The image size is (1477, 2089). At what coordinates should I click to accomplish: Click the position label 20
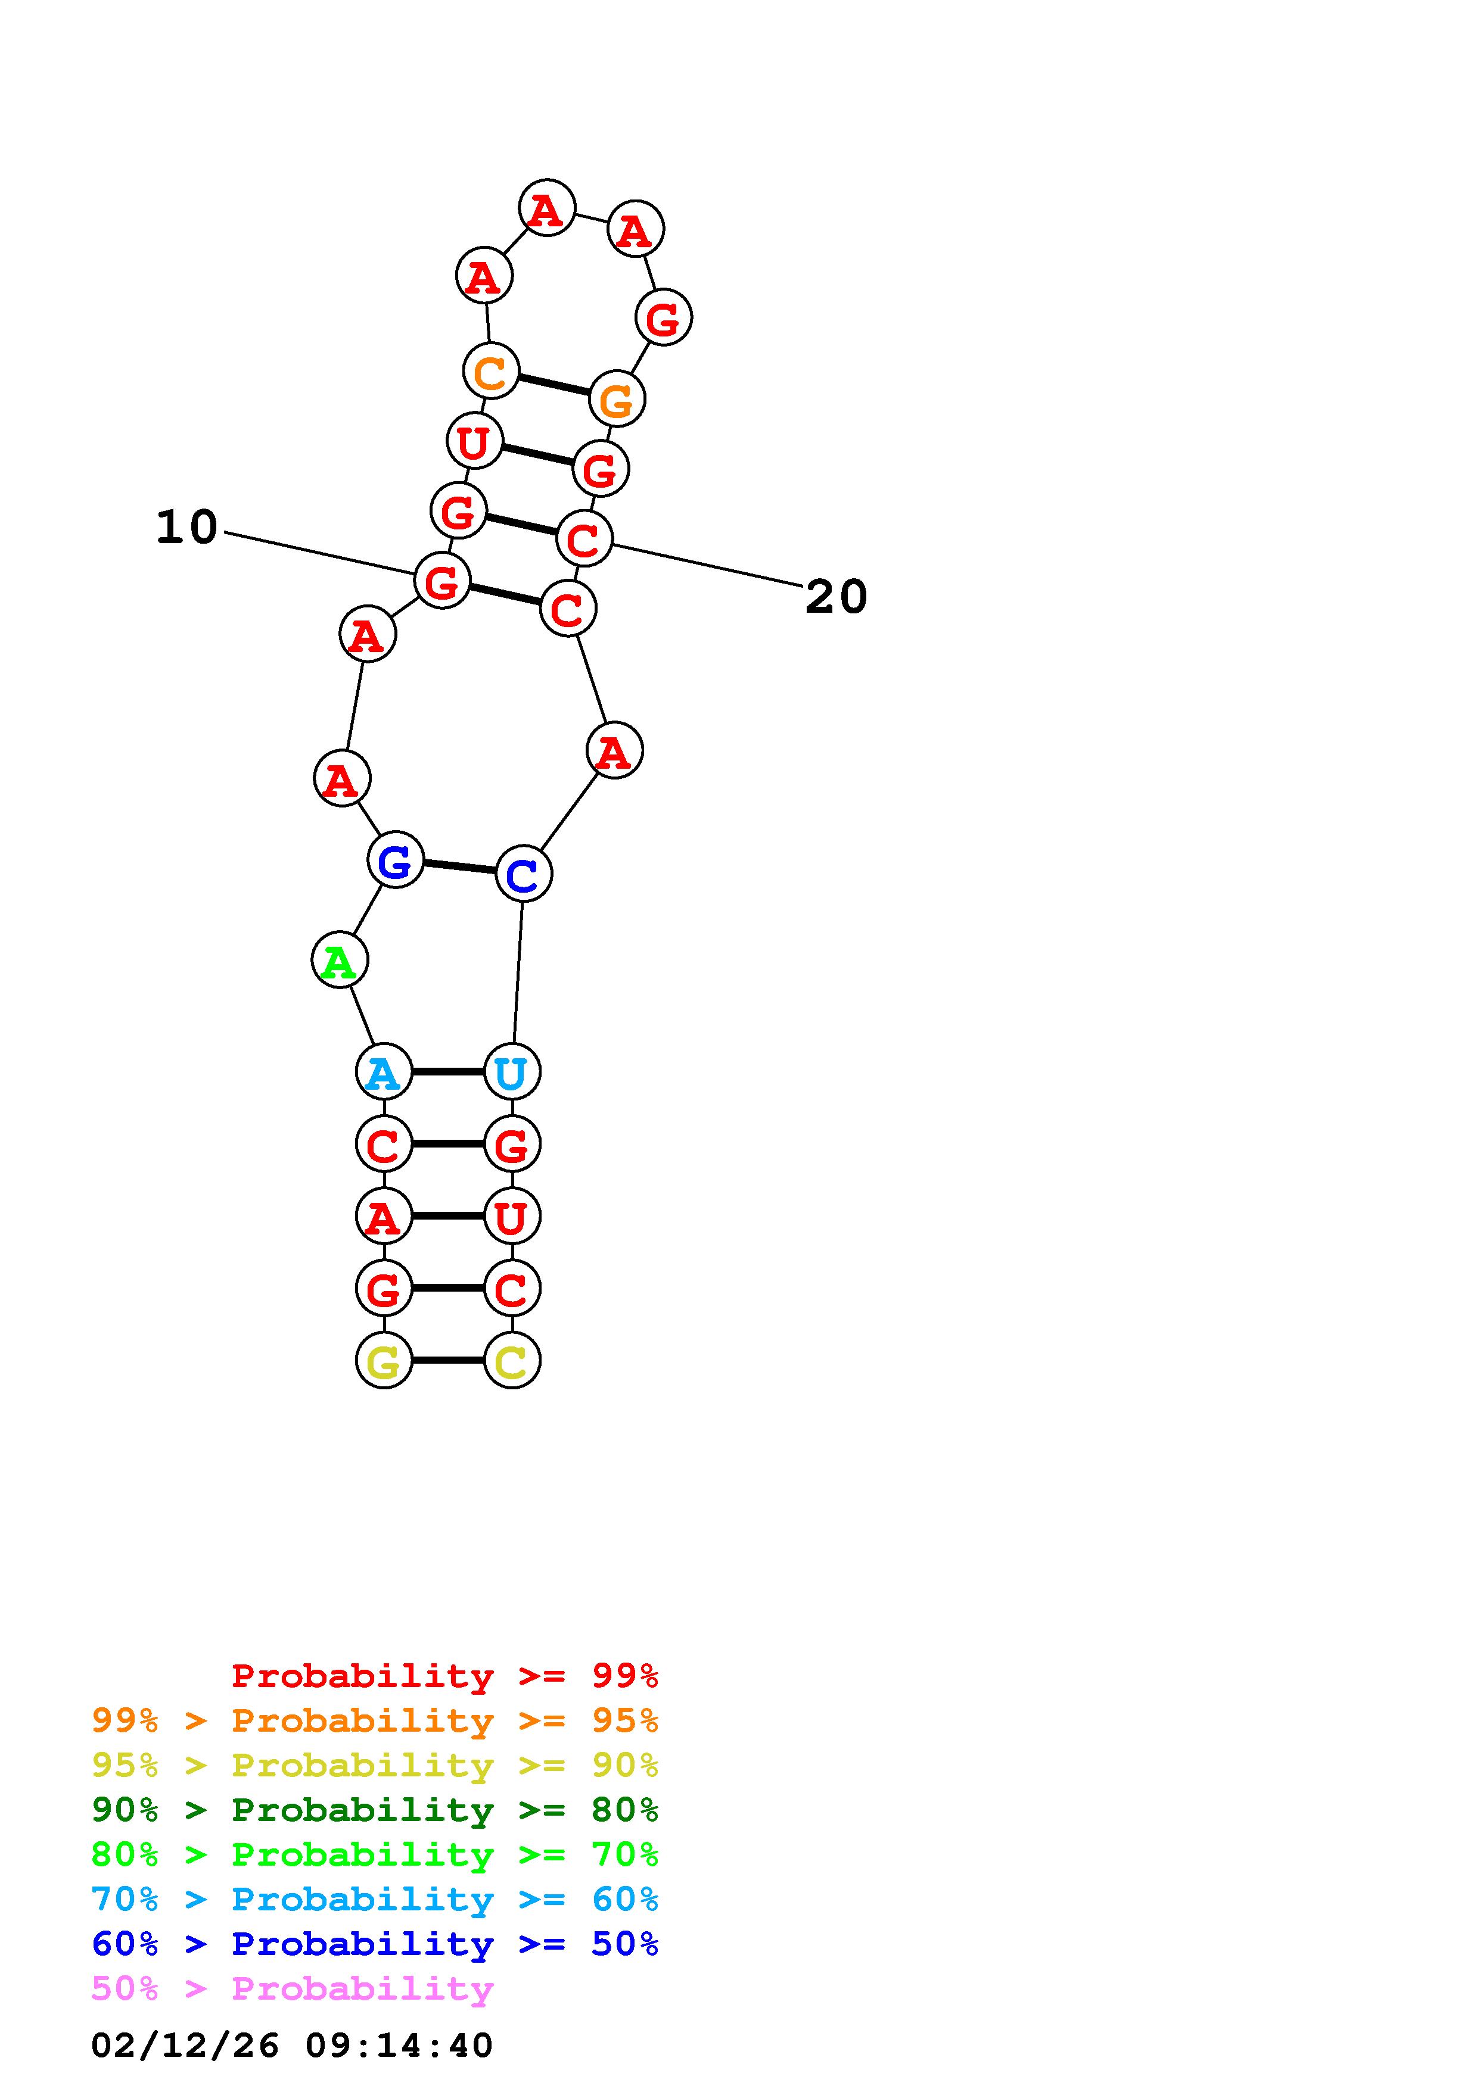837,598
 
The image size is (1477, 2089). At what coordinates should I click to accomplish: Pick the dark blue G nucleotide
396,860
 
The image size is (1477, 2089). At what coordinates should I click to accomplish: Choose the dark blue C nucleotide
523,874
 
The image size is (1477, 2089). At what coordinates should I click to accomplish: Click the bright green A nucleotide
340,961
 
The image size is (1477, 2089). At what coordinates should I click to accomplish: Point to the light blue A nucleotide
383,1072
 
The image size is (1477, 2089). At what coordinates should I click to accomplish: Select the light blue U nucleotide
511,1072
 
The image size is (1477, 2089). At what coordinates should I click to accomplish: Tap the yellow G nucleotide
383,1361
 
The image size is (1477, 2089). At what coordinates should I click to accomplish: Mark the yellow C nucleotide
511,1361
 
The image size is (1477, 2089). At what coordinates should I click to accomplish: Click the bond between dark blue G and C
459,867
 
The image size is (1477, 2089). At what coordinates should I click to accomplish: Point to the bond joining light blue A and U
447,1072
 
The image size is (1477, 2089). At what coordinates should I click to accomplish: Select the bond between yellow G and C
447,1361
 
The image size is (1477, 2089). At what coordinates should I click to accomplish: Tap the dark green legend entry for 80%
374,1810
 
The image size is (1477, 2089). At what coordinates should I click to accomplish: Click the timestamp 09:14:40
399,2046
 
